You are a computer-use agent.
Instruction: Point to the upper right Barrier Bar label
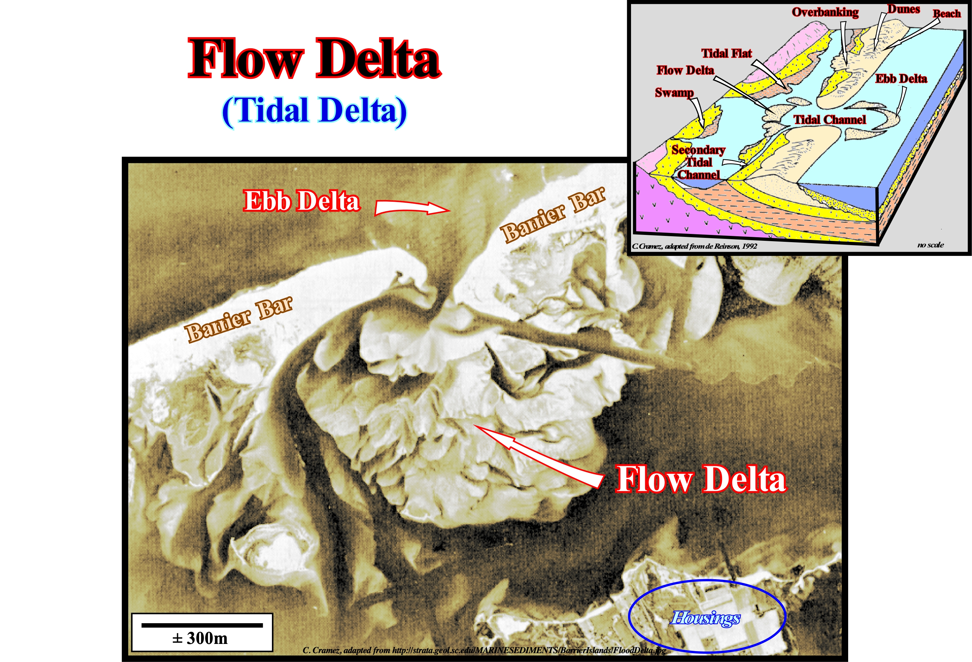(x=553, y=215)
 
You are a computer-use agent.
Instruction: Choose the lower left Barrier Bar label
(x=239, y=320)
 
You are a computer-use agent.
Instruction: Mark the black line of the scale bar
(x=202, y=625)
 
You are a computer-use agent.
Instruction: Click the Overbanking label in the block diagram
(x=825, y=12)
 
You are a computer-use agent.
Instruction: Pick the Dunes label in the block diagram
(x=903, y=9)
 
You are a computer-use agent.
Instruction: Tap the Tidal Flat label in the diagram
(x=727, y=54)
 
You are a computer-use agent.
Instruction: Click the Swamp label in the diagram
(x=674, y=92)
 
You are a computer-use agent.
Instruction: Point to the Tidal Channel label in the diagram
(x=830, y=120)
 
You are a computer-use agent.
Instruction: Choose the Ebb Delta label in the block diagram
(x=901, y=79)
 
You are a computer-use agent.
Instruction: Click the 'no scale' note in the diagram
(x=931, y=245)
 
